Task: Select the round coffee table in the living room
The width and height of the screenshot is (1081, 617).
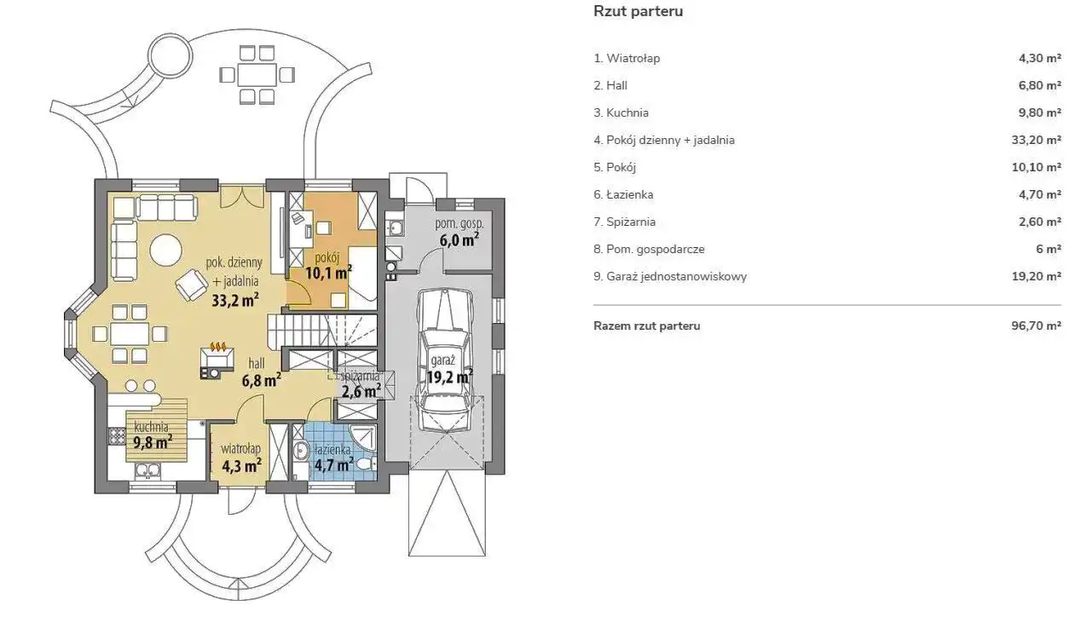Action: coord(165,251)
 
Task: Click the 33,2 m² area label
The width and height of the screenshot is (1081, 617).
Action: coord(234,299)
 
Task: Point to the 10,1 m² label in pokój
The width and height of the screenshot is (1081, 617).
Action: coord(328,274)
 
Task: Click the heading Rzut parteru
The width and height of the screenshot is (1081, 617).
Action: coord(638,12)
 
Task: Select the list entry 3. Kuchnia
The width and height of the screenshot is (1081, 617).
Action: coord(621,112)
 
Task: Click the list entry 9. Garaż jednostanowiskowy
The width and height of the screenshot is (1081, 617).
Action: coord(670,276)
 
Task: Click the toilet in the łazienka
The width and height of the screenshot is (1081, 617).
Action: coord(365,463)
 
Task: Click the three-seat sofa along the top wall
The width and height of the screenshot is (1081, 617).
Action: coord(167,205)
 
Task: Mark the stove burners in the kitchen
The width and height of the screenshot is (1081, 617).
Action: coord(117,435)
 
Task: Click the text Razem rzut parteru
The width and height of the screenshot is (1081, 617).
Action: coord(646,326)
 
